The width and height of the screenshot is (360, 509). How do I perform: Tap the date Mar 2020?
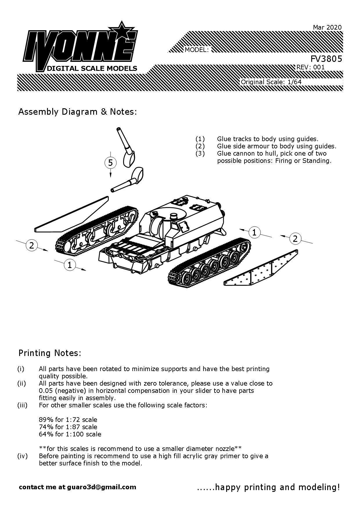coord(327,27)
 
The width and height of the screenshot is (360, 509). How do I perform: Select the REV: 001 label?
coord(310,67)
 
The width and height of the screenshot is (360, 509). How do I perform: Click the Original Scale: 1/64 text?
coord(271,82)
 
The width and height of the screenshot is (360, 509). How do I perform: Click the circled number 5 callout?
coord(110,163)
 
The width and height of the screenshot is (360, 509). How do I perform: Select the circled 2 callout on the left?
coord(32,245)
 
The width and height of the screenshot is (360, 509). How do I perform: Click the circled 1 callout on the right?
coord(255,232)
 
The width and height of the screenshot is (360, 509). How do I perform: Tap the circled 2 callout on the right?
coord(295,239)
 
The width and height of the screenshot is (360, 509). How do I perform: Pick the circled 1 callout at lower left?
coord(70,265)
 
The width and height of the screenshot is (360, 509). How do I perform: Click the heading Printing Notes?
coord(50,353)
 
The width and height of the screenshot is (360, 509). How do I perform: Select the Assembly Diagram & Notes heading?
coord(77,112)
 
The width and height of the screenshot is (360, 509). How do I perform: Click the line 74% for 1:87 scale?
coord(68,427)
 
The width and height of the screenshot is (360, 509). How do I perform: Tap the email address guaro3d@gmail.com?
coord(101,487)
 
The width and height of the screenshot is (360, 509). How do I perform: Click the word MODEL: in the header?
coord(197,50)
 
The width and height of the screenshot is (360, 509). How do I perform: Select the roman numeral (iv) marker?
coord(22,456)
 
